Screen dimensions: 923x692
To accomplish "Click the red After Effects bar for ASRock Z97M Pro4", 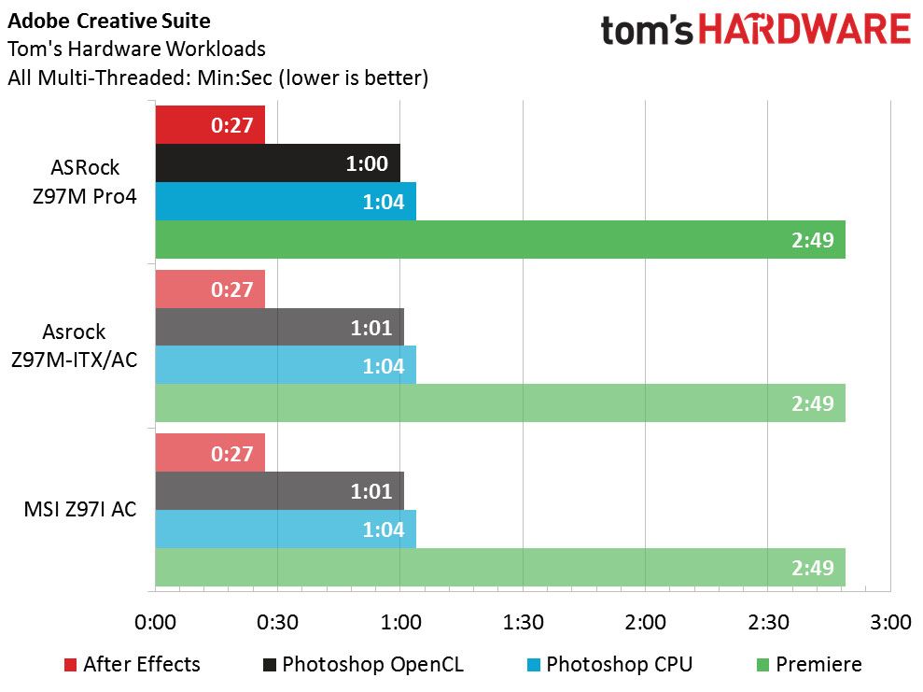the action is click(x=210, y=125).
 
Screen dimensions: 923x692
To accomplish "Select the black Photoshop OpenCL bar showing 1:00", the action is click(x=278, y=163).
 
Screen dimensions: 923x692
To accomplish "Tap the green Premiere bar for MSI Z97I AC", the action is click(x=500, y=567).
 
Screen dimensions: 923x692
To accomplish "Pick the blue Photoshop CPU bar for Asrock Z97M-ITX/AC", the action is click(x=287, y=365).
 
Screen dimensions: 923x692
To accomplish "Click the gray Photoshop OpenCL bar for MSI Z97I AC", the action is click(x=280, y=491).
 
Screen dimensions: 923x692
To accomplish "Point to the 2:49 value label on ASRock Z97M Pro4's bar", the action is click(x=812, y=240).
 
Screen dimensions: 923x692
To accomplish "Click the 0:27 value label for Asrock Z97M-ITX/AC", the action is click(x=232, y=290).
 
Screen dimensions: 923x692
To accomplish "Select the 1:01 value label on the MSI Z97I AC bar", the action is click(x=371, y=491).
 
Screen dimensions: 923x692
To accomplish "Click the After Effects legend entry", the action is click(x=133, y=664).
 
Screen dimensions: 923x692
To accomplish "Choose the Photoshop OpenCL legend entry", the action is click(x=363, y=664).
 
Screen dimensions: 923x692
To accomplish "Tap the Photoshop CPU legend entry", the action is click(x=609, y=664).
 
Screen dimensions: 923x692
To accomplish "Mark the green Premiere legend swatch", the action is click(x=762, y=665).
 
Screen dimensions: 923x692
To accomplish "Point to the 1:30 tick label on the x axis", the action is click(x=523, y=623).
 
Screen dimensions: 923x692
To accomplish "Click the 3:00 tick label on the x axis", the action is click(x=890, y=623).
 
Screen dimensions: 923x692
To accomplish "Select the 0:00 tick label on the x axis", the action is click(x=156, y=623).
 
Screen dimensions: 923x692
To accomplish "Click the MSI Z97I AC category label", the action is click(x=80, y=509).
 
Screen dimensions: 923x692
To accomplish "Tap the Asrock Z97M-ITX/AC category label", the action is click(x=74, y=346).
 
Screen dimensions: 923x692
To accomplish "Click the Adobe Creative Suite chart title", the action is click(x=109, y=21).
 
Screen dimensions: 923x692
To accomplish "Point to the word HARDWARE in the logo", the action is click(x=804, y=30).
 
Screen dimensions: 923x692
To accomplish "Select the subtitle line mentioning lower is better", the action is click(x=217, y=78).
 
